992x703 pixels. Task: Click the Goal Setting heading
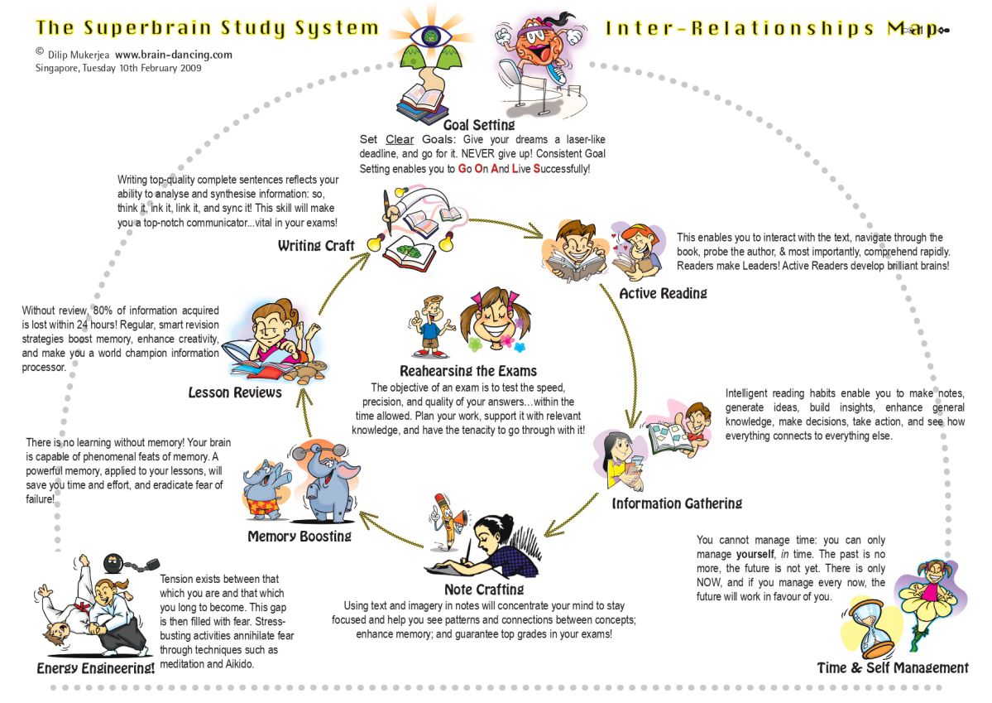tap(478, 125)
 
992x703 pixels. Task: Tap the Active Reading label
tap(663, 292)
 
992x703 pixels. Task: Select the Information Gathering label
tap(676, 503)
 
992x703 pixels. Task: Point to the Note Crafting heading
tap(484, 590)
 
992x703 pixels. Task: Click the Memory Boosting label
tap(299, 536)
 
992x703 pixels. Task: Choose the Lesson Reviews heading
tap(235, 392)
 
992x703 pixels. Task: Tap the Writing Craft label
tap(316, 246)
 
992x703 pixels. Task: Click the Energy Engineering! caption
tap(96, 667)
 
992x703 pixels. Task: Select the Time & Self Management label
tap(892, 667)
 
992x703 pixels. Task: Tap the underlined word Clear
tap(400, 139)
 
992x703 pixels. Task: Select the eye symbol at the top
tap(431, 36)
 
